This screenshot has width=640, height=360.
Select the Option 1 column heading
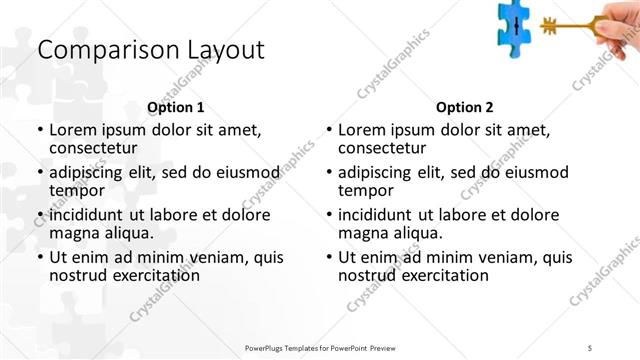(x=176, y=107)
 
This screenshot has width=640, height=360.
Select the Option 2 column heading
(x=465, y=107)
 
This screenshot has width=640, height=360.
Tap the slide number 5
(x=590, y=346)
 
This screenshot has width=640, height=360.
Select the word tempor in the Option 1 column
(x=76, y=190)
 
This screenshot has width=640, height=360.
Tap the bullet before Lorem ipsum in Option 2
(x=328, y=130)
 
